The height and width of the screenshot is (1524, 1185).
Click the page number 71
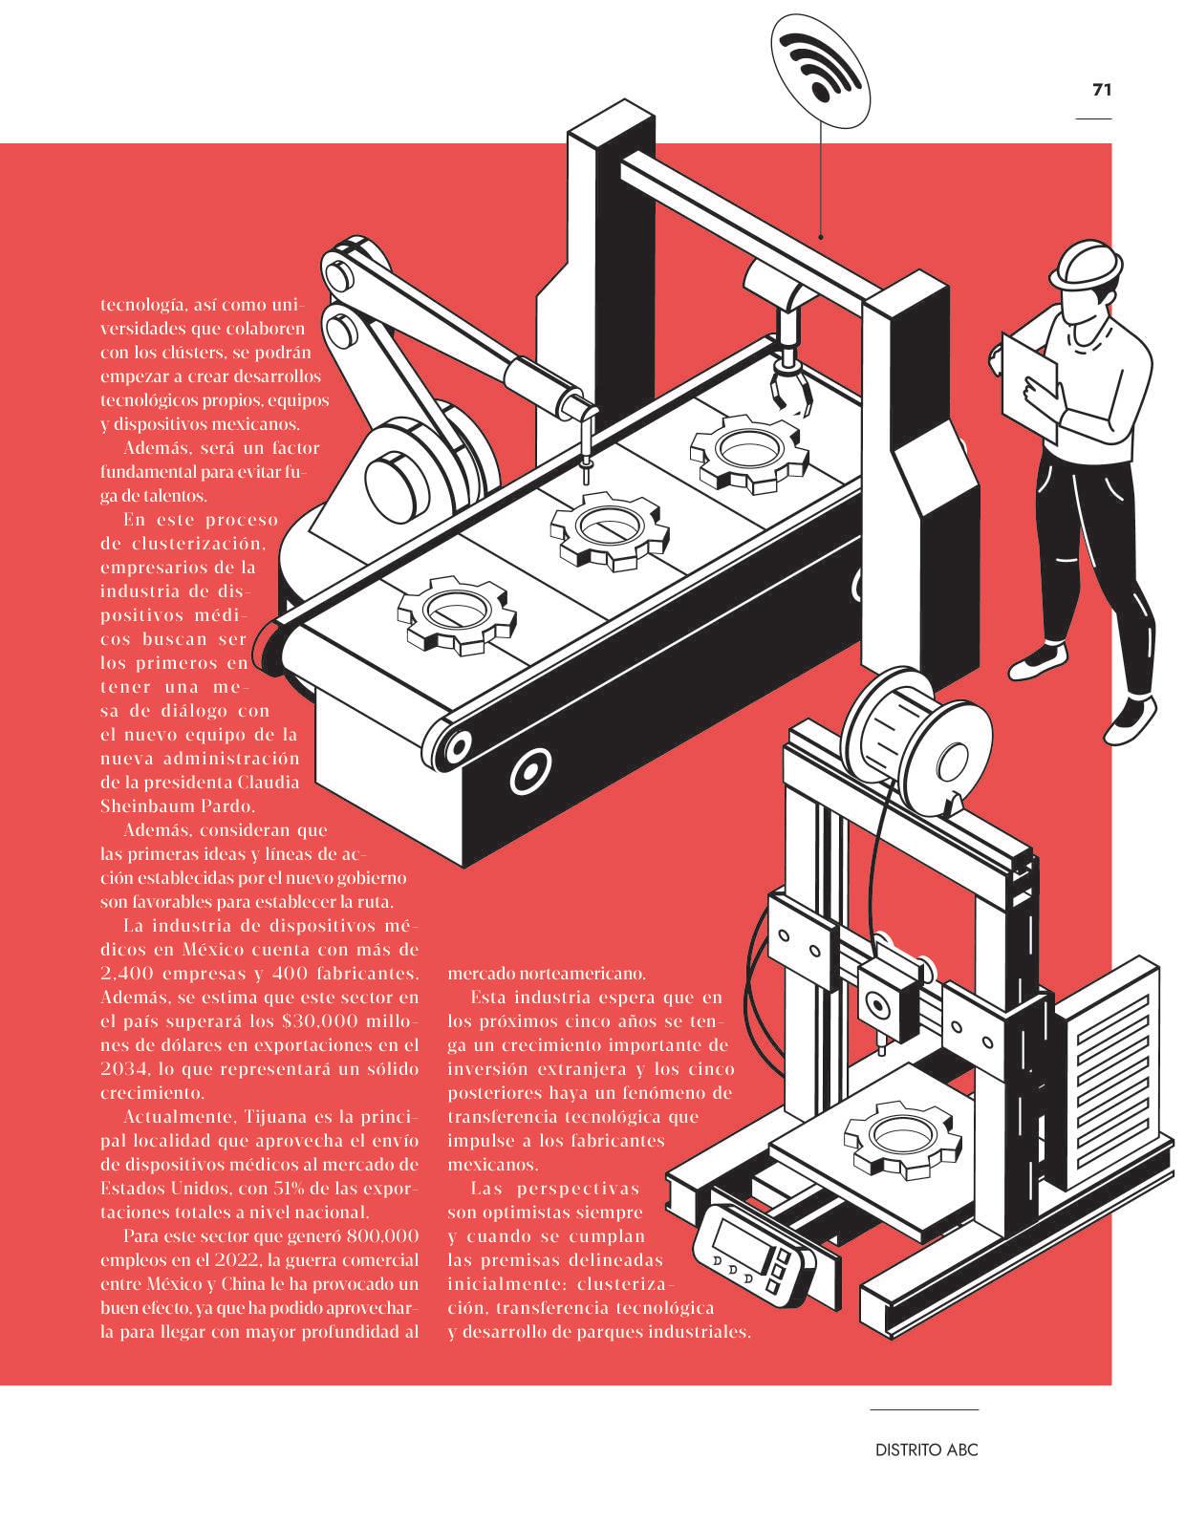coord(1102,90)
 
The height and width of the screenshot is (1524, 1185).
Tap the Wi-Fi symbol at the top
coord(820,66)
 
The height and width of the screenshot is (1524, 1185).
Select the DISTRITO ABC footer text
coord(926,1449)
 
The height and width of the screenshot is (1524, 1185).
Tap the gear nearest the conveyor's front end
coord(456,614)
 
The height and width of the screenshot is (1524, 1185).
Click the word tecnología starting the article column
coord(142,305)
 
